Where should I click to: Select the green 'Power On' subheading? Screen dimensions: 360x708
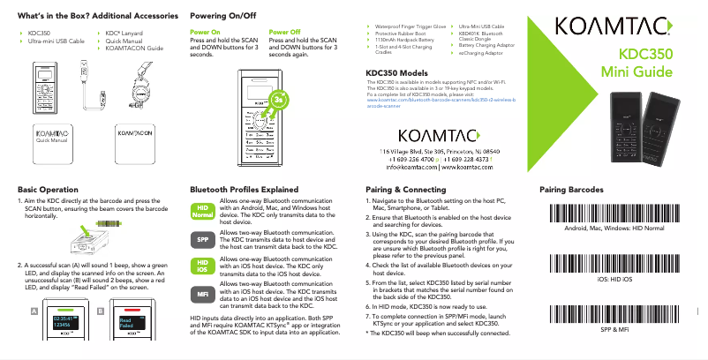(x=205, y=31)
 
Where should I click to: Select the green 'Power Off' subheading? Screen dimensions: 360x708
(x=284, y=31)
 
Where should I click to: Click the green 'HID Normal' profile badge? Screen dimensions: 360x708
(x=203, y=211)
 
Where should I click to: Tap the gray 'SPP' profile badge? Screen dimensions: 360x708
(x=203, y=238)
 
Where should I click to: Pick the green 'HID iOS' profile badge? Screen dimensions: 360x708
(x=203, y=265)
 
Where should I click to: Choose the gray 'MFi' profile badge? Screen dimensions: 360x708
(x=203, y=292)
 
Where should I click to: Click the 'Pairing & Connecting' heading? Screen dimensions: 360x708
(x=411, y=189)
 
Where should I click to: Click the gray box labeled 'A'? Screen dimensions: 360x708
(x=34, y=311)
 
